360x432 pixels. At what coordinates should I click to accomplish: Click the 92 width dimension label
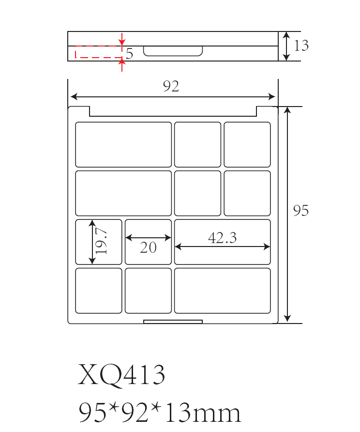171,87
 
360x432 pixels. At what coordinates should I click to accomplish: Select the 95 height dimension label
301,211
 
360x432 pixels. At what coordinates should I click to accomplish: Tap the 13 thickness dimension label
301,46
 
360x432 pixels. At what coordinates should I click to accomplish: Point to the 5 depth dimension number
129,54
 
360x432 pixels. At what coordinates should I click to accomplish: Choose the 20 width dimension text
148,247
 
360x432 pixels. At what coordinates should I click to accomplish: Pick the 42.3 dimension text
222,238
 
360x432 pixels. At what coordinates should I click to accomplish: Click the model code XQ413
121,375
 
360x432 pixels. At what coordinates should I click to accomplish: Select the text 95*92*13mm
159,413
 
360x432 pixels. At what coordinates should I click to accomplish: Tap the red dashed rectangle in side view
98,52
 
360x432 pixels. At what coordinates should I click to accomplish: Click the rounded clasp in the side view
173,51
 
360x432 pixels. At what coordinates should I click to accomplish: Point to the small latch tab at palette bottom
173,322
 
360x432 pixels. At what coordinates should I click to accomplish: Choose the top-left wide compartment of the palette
123,144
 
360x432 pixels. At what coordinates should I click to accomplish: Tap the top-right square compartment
247,144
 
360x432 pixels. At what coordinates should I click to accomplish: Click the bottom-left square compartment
99,291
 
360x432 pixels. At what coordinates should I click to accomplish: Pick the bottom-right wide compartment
222,291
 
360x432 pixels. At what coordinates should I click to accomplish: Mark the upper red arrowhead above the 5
122,43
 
